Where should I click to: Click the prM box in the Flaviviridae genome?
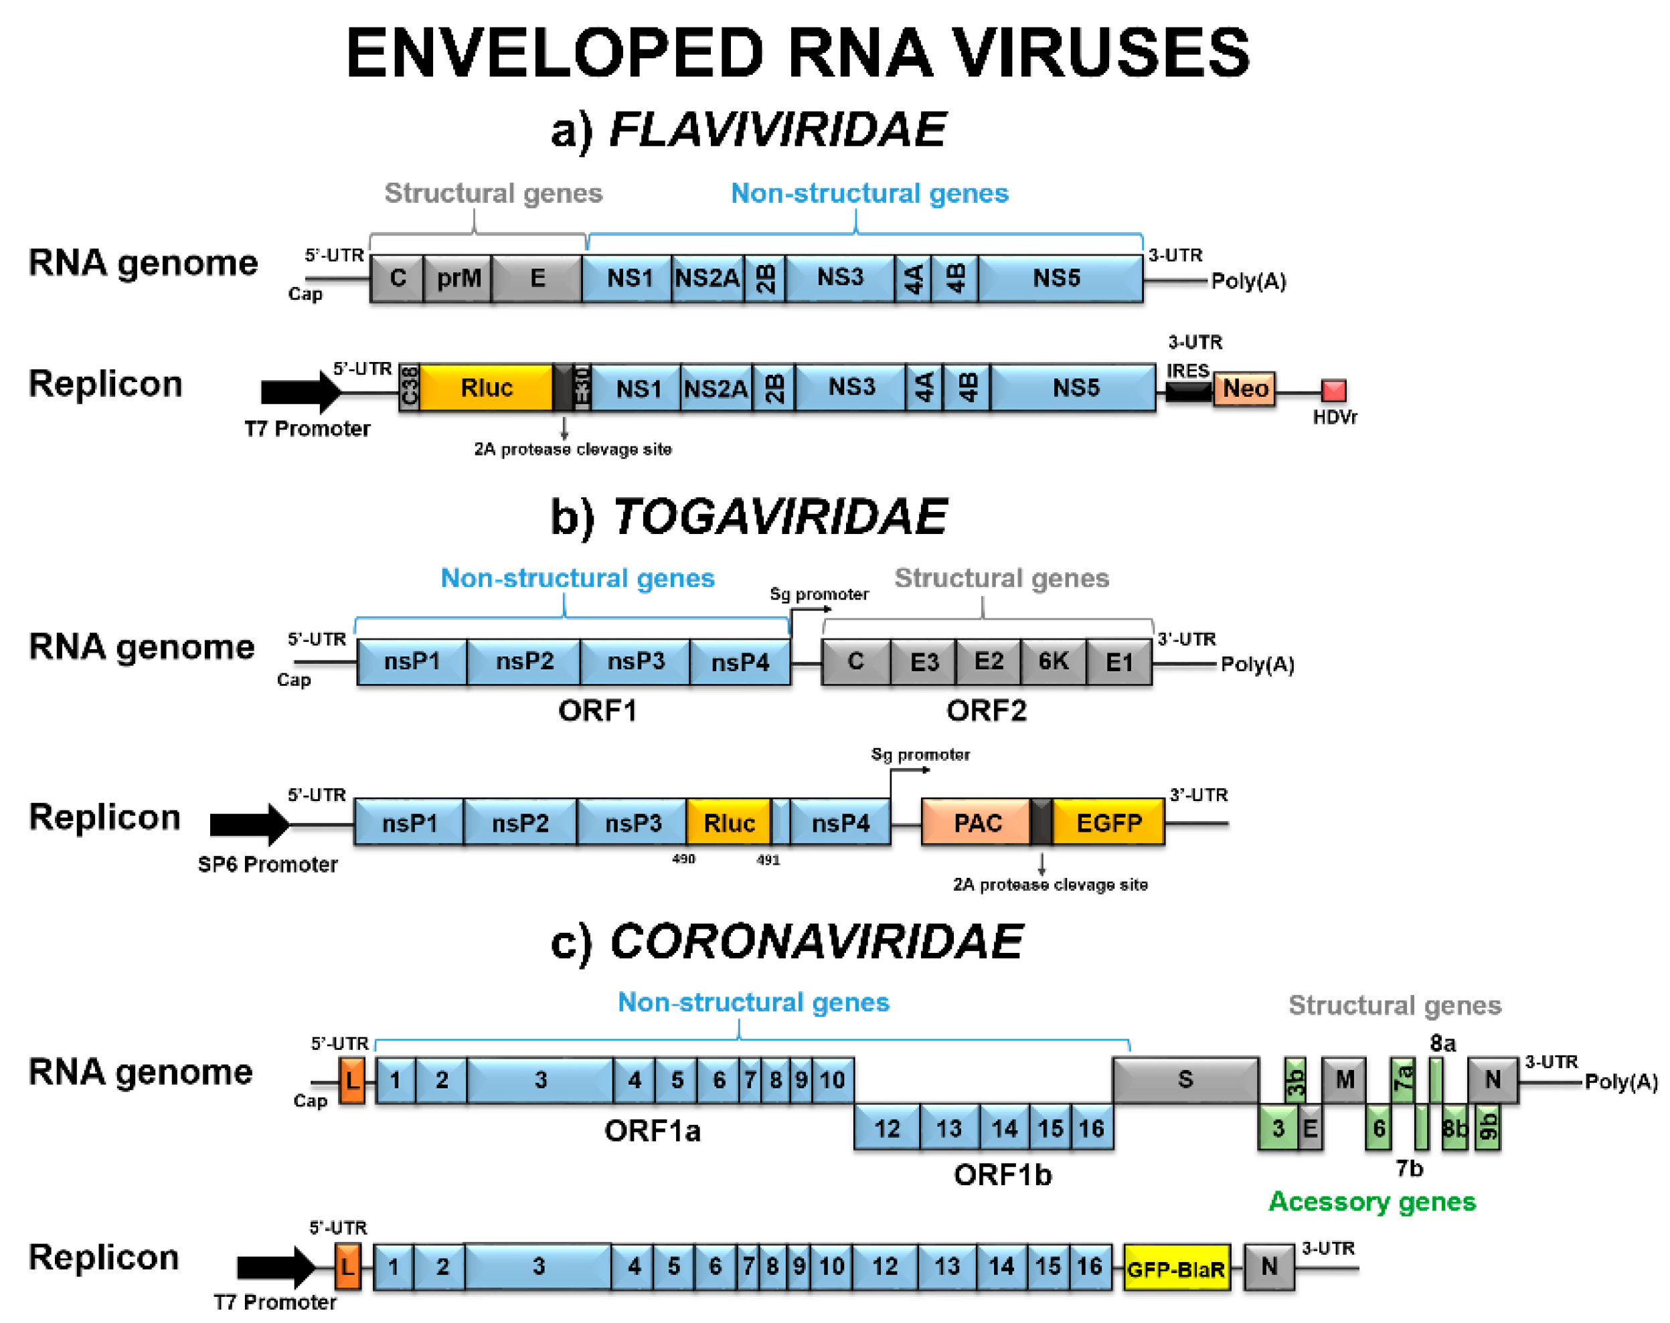tap(458, 278)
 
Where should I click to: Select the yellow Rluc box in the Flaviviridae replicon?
tap(486, 387)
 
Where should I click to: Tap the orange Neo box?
tap(1244, 389)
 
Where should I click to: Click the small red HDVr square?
tap(1333, 390)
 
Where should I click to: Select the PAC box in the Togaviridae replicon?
tap(976, 822)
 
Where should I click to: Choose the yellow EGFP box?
tap(1108, 822)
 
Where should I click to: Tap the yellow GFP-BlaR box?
tap(1176, 1269)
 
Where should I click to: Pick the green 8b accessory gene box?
tap(1454, 1128)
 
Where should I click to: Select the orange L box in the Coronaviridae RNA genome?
tap(353, 1081)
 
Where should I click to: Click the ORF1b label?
tap(1001, 1175)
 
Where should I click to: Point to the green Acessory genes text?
tap(1371, 1201)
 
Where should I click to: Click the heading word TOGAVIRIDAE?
tap(779, 517)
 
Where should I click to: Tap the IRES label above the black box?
tap(1187, 371)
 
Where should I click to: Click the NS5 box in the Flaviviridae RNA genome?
tap(1056, 278)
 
